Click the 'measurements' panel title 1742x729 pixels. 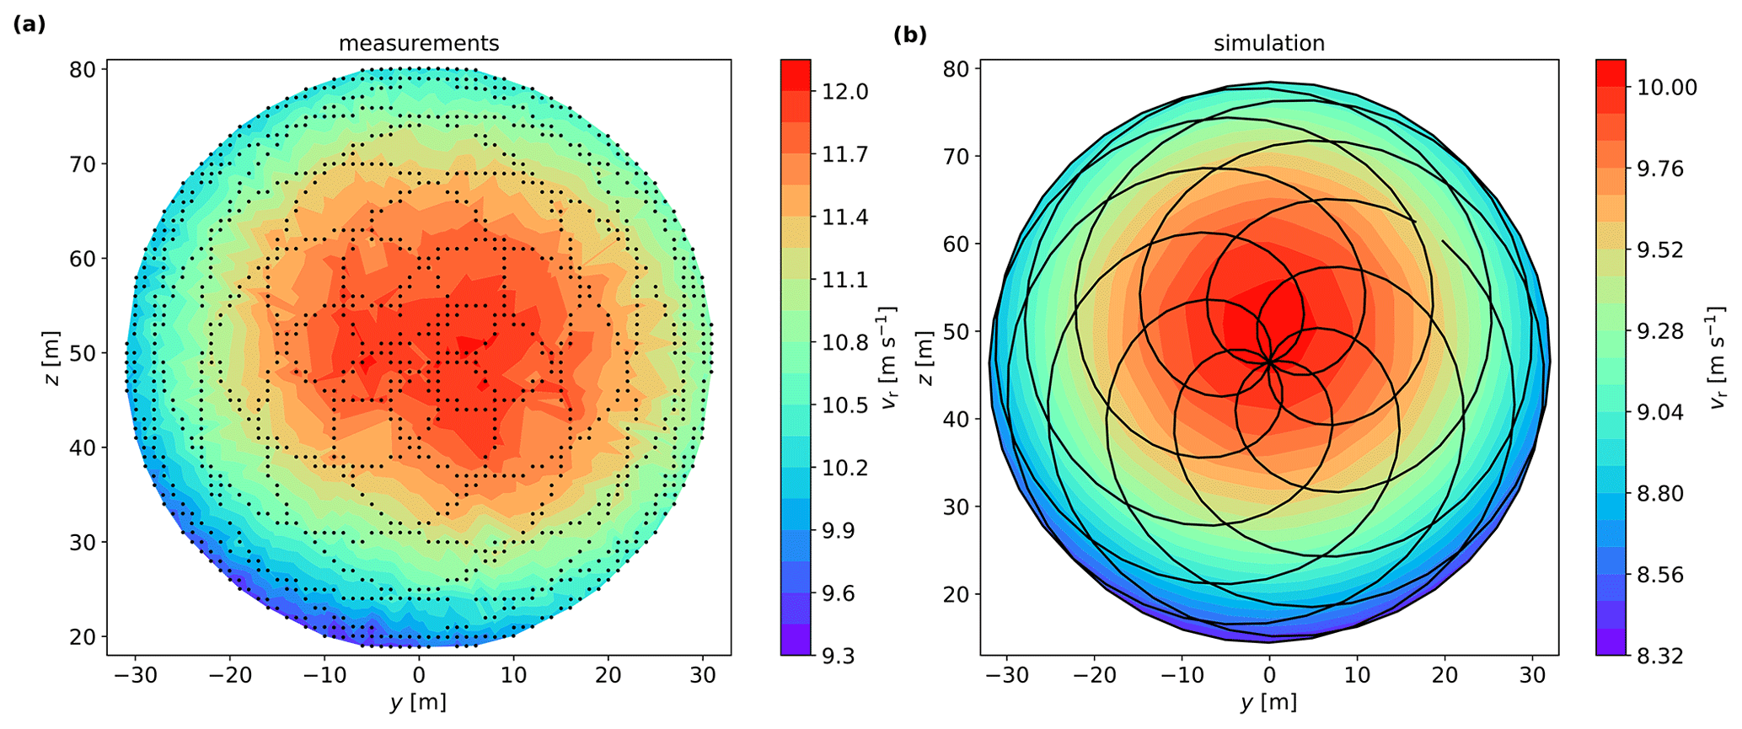(419, 43)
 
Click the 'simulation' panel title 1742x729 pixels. (1268, 43)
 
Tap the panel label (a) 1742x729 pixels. (29, 24)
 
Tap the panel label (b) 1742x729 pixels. (909, 35)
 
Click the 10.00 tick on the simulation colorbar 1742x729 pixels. (1666, 88)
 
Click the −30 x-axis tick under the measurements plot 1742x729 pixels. (136, 675)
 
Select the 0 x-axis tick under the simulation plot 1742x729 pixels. (1269, 675)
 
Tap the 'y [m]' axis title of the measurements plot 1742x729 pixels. (419, 701)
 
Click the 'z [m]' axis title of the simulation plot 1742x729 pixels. (925, 358)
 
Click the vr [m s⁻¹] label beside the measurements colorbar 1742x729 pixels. (889, 358)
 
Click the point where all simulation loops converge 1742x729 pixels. (1270, 362)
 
